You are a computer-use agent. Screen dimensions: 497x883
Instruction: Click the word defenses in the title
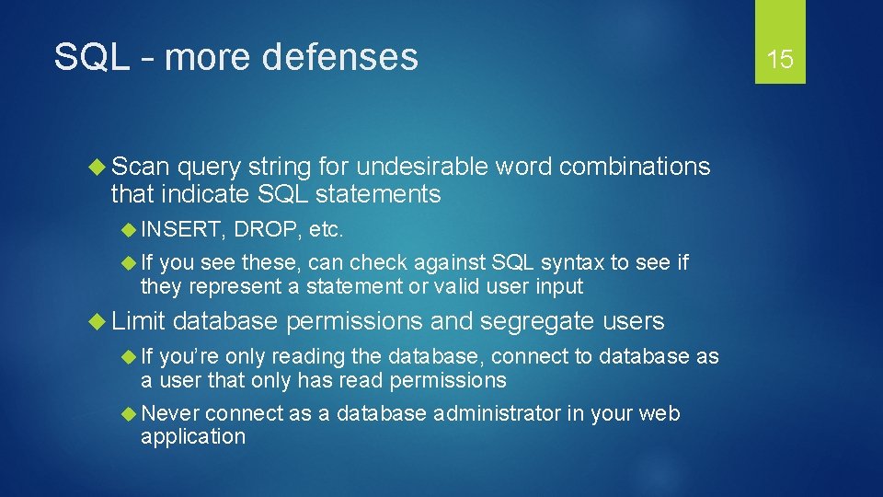point(339,57)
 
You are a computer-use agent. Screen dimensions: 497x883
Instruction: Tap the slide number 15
point(780,60)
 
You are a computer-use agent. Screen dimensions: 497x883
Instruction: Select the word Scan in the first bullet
point(141,167)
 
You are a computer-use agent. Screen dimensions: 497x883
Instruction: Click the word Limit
point(137,321)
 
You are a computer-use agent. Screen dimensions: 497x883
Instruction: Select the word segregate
point(538,321)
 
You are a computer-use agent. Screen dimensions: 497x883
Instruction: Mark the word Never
point(170,414)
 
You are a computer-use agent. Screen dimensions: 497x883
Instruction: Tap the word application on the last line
point(193,436)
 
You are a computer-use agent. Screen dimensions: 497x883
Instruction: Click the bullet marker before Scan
point(100,167)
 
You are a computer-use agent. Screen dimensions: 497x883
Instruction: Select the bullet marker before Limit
point(100,321)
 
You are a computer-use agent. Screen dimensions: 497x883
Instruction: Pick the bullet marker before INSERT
point(131,229)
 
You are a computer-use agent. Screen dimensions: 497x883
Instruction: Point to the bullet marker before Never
point(131,414)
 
